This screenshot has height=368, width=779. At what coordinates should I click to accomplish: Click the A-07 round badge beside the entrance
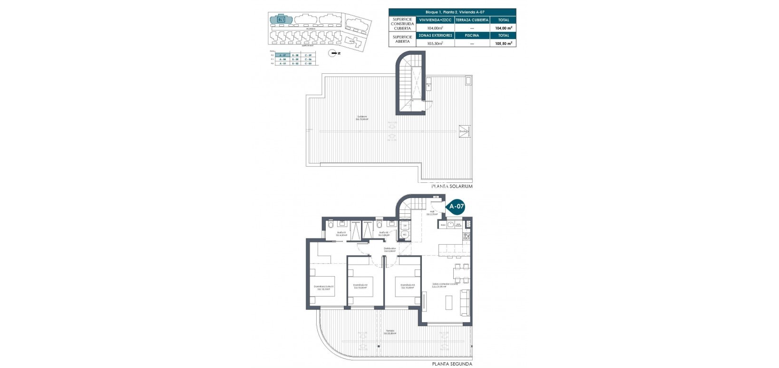point(457,207)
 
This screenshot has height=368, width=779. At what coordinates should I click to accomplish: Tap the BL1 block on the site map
point(280,20)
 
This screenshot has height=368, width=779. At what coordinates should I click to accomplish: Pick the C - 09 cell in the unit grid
point(308,55)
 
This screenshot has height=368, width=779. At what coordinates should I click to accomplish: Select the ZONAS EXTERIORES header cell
point(435,35)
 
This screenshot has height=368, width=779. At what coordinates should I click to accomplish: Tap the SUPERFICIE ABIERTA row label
point(402,39)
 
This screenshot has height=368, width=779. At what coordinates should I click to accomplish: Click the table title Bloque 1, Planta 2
point(452,12)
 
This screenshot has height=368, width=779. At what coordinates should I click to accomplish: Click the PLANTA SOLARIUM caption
point(452,187)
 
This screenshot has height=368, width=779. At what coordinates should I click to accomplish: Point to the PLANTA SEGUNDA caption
point(452,364)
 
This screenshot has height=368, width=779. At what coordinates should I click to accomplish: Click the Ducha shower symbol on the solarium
point(464,132)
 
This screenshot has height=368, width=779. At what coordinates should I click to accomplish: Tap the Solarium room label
point(362,118)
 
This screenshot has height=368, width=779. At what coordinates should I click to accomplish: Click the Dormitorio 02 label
point(360,286)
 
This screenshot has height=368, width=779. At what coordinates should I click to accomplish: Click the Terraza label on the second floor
point(390,332)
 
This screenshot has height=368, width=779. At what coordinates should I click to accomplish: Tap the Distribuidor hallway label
point(390,249)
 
